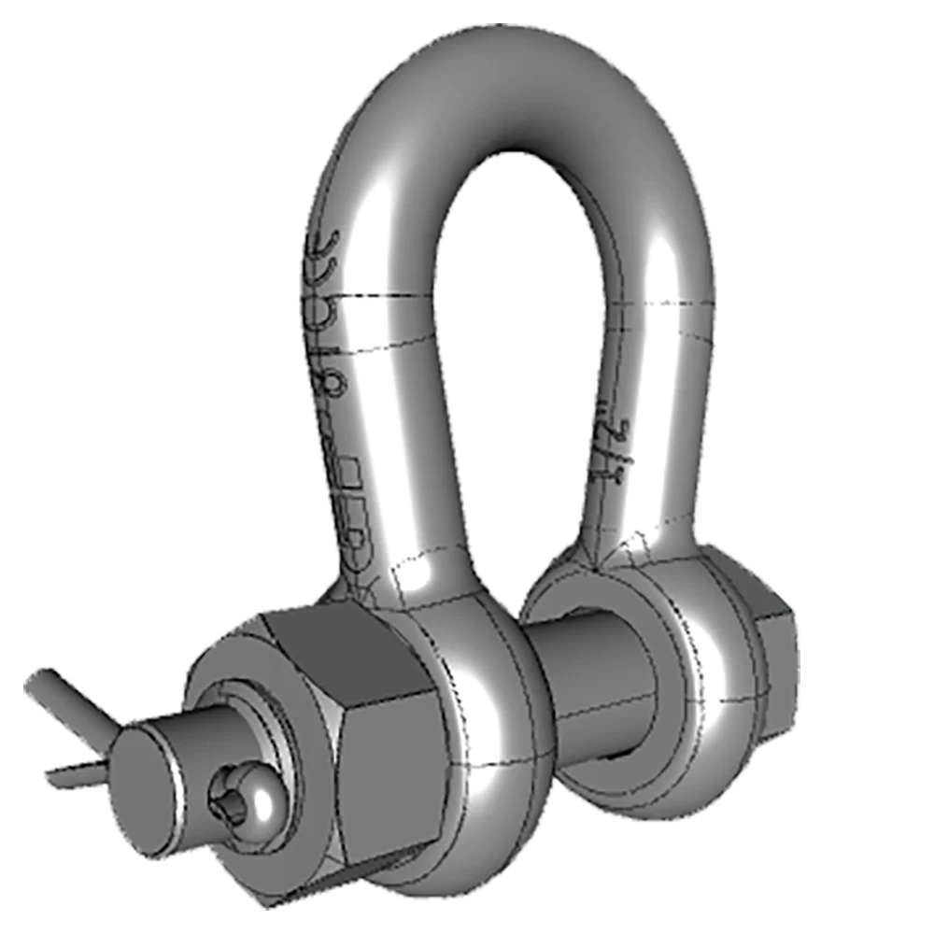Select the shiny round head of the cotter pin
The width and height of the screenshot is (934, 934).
click(257, 794)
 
